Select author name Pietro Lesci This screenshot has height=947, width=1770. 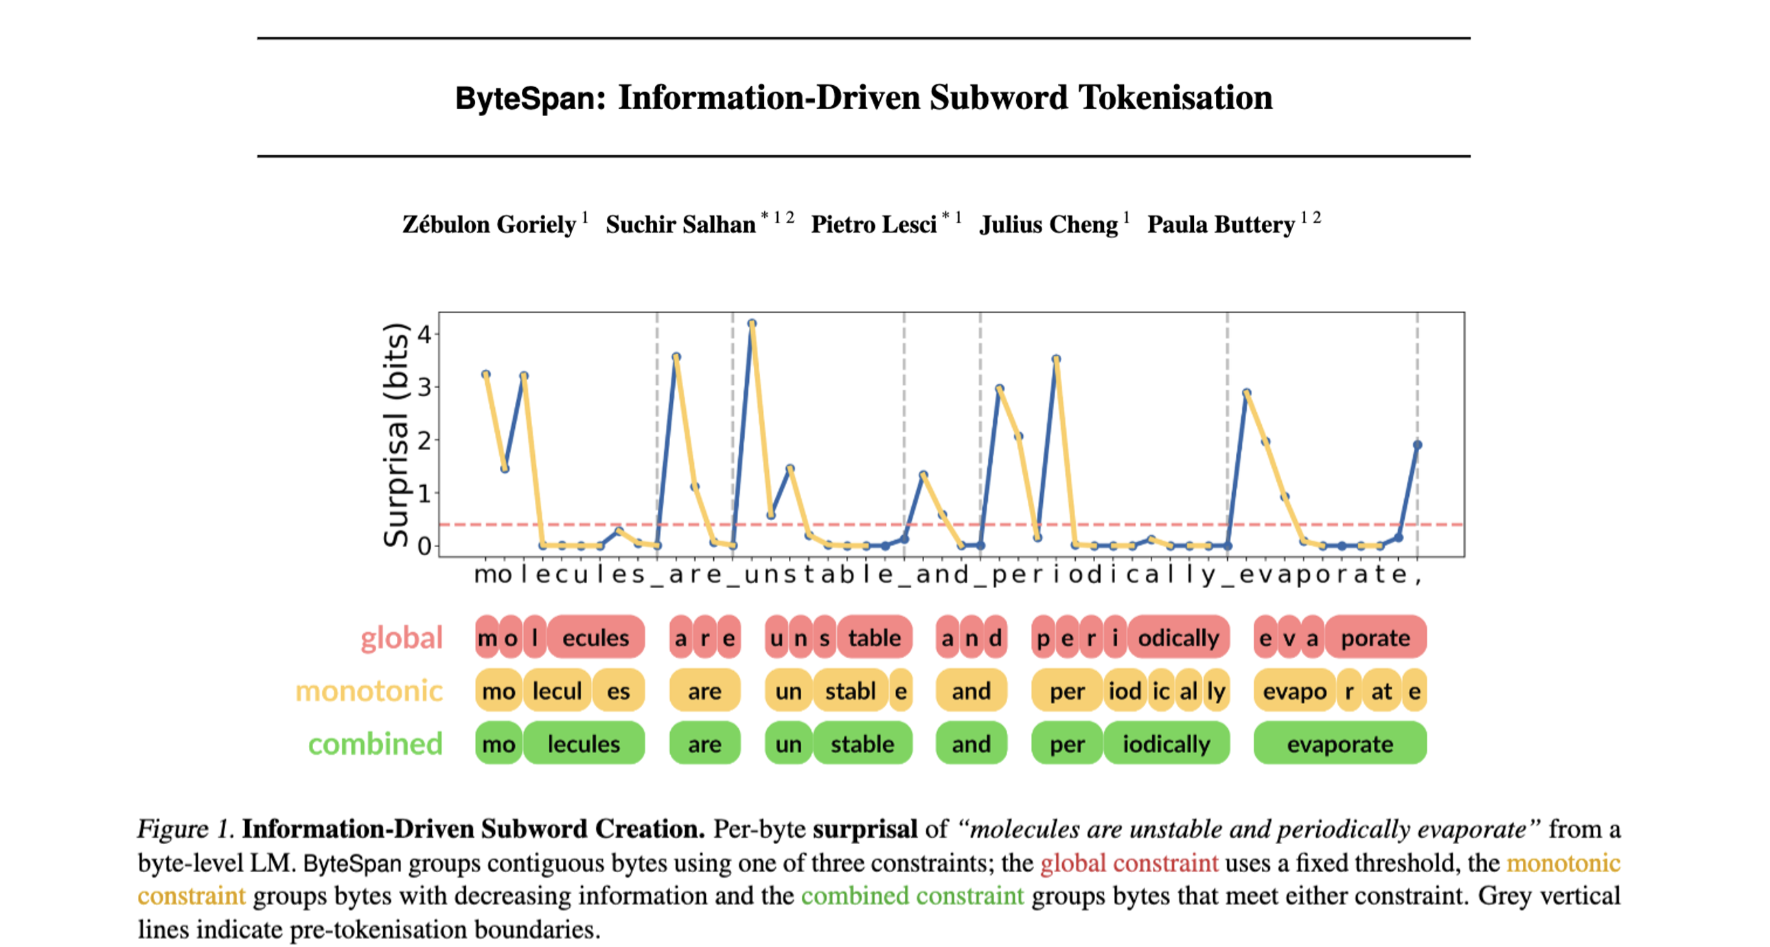click(873, 224)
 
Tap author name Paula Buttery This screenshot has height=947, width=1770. click(1220, 224)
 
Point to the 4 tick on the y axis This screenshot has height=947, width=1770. click(424, 334)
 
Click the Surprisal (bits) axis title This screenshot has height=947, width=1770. click(396, 434)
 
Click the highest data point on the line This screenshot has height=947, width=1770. click(752, 323)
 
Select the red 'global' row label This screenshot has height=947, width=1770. click(401, 638)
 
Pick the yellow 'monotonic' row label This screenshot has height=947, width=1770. click(369, 690)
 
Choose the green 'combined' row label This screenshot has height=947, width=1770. click(375, 744)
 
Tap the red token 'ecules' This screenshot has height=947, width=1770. click(595, 638)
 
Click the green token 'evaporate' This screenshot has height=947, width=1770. click(1340, 744)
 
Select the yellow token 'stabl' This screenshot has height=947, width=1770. click(850, 690)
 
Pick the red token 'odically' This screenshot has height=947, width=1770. click(1177, 638)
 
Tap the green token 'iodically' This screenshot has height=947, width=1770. click(1166, 744)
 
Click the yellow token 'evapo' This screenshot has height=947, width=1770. click(1294, 690)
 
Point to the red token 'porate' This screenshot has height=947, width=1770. click(1375, 638)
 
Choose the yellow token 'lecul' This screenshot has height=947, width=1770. click(557, 690)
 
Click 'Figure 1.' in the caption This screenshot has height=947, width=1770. click(186, 829)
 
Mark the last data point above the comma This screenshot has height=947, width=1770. click(1417, 445)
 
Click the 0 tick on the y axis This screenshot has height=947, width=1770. click(424, 546)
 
